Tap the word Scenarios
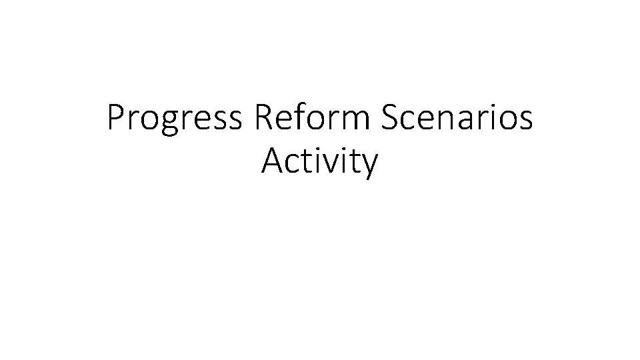[458, 119]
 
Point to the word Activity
[320, 162]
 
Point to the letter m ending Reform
[353, 121]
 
